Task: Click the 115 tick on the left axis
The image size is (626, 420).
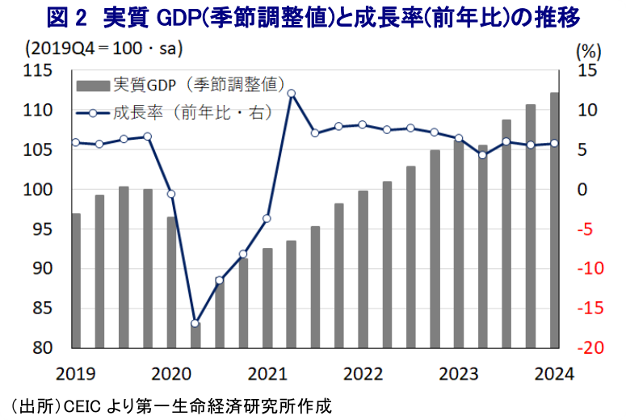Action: click(x=39, y=71)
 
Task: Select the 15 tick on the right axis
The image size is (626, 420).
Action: click(x=588, y=71)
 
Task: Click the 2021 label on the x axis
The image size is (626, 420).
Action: click(x=267, y=374)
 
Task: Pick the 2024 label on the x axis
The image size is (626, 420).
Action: click(x=554, y=374)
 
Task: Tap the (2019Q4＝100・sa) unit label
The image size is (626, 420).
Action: click(x=103, y=48)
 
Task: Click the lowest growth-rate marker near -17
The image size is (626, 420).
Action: click(x=195, y=323)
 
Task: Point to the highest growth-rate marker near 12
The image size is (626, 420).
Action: click(x=291, y=94)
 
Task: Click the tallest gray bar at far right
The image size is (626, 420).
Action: click(x=554, y=220)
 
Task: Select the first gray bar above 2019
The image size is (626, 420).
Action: click(x=76, y=280)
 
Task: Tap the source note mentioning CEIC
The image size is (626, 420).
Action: click(x=170, y=405)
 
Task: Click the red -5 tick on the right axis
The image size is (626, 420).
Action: click(x=589, y=229)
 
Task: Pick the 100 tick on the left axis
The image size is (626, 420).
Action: click(x=39, y=190)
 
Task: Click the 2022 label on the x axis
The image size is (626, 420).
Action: click(x=363, y=374)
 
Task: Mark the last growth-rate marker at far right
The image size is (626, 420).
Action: click(x=554, y=144)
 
